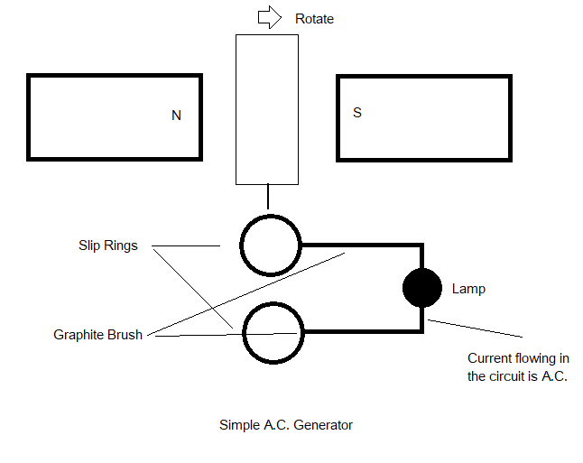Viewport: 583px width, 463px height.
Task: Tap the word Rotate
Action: tap(314, 19)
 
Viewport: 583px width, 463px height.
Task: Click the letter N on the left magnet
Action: tap(176, 116)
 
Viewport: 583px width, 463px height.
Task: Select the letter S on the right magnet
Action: tap(357, 114)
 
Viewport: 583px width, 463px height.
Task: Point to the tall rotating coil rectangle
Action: tap(267, 108)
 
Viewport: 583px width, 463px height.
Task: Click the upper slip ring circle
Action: tap(270, 245)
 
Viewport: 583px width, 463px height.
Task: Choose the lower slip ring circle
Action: tap(270, 332)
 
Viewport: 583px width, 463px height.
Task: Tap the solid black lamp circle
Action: tap(421, 289)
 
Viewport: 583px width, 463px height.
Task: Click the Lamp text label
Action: tap(468, 289)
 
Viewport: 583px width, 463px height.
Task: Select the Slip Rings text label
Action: tap(107, 245)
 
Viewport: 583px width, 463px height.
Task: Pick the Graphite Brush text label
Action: tap(97, 335)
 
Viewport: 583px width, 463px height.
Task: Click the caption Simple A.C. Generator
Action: tap(285, 424)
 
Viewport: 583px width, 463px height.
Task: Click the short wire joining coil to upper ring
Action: tap(267, 199)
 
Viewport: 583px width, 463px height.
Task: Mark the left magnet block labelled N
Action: tap(115, 117)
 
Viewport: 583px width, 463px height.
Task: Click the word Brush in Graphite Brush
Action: tap(125, 335)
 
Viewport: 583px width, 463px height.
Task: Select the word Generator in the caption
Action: tap(323, 424)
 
